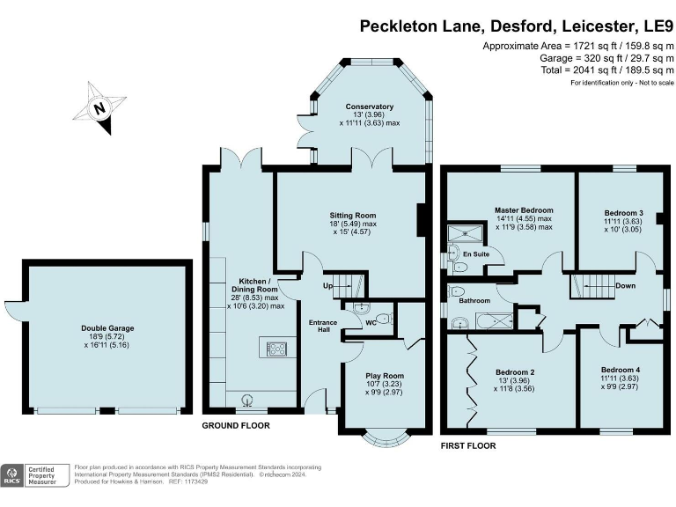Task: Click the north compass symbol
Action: coord(99,110)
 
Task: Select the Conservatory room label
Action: coord(369,107)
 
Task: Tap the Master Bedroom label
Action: coord(523,210)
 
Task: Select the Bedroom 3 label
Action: coord(623,213)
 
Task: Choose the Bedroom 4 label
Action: coord(621,370)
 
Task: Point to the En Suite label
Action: coord(475,254)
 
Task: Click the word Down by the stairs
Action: coord(626,285)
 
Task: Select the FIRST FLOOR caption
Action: coord(467,446)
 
